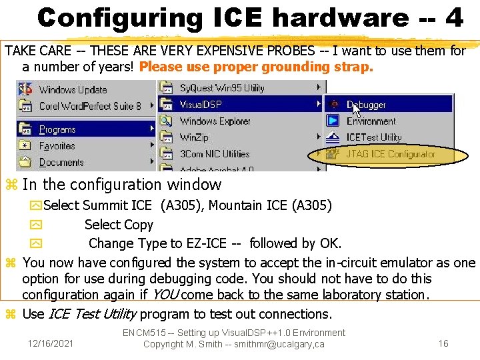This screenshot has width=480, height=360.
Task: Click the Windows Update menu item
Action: [72, 89]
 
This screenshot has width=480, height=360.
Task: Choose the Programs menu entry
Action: [57, 129]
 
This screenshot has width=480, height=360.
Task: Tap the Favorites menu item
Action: [57, 145]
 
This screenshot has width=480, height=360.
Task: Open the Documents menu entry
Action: [61, 162]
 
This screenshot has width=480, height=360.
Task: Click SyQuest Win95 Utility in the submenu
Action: [221, 88]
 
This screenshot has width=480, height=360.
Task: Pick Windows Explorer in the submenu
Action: [215, 121]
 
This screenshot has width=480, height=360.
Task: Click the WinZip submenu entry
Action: [194, 137]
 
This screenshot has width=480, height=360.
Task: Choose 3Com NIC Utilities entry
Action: [214, 154]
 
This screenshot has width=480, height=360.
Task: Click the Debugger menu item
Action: [365, 105]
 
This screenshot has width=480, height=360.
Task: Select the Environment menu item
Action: [371, 121]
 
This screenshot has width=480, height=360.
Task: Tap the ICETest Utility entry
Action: [373, 137]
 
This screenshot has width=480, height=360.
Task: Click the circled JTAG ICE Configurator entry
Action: [390, 154]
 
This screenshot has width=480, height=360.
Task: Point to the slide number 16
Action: [443, 343]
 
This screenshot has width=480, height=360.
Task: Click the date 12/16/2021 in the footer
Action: [51, 343]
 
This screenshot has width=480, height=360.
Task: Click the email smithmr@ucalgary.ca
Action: [282, 344]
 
